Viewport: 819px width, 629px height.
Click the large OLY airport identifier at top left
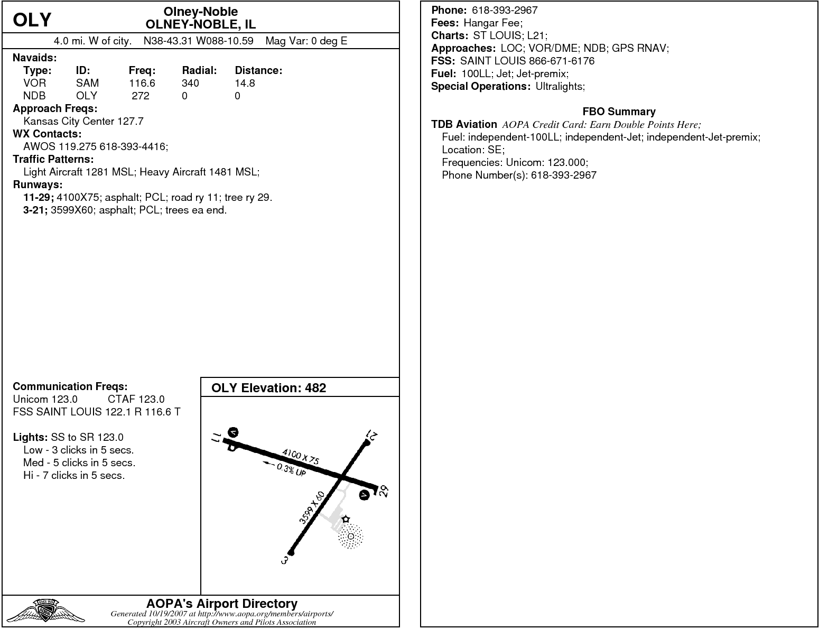pos(32,20)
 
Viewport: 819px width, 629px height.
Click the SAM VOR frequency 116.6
pos(142,83)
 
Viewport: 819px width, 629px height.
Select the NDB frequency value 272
pos(141,96)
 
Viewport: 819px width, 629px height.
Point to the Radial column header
pos(199,70)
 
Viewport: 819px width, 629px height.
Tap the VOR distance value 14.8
pos(245,83)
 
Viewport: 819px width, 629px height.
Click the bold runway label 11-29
pos(39,197)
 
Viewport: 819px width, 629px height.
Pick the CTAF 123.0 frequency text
pos(136,399)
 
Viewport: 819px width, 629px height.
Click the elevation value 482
pos(315,388)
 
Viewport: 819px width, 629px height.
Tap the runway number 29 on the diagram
pos(384,491)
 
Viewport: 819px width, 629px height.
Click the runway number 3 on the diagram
pos(285,560)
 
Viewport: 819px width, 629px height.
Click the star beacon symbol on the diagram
pos(346,519)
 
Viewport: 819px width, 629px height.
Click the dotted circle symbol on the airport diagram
pos(350,536)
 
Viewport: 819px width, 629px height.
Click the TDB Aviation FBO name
pos(464,124)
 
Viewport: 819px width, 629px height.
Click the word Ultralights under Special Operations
pos(560,86)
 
